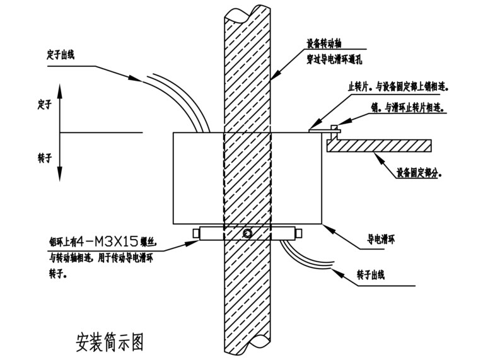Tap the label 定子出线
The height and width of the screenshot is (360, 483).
pyautogui.click(x=61, y=53)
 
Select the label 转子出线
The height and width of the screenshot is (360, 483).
pyautogui.click(x=370, y=274)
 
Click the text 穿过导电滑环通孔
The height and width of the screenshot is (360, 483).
pyautogui.click(x=335, y=59)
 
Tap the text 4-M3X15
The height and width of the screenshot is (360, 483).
pyautogui.click(x=115, y=240)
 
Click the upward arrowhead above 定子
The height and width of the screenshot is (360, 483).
pyautogui.click(x=59, y=92)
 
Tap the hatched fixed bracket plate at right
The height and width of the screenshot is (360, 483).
pyautogui.click(x=378, y=145)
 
